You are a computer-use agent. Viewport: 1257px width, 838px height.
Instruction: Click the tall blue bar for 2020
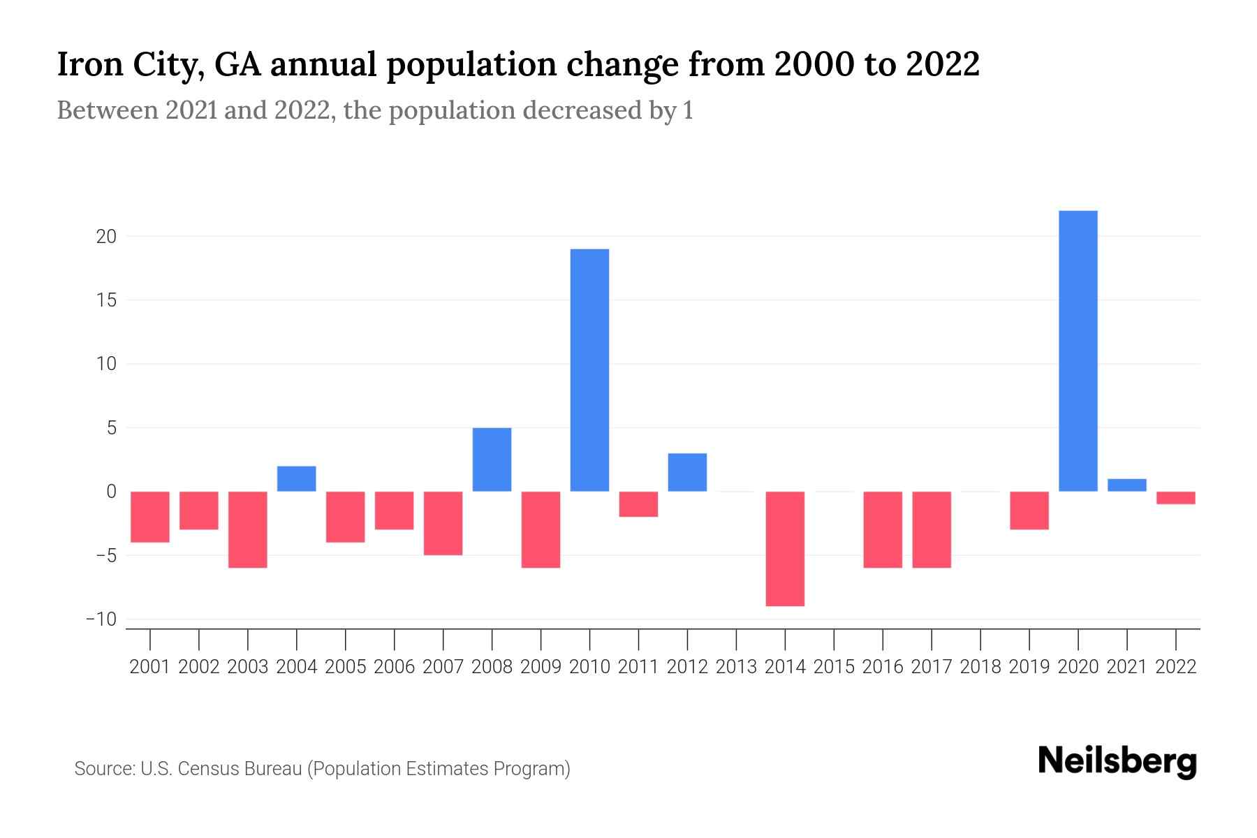click(x=1078, y=351)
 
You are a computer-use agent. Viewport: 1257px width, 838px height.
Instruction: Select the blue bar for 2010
click(x=589, y=370)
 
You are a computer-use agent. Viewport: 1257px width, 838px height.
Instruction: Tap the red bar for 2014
click(x=785, y=548)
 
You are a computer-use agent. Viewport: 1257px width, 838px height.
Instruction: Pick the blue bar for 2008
click(x=492, y=460)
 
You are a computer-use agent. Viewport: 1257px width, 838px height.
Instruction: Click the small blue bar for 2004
click(x=297, y=479)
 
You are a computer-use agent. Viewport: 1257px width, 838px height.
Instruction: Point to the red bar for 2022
click(x=1175, y=498)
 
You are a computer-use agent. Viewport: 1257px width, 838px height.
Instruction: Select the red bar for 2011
click(x=638, y=504)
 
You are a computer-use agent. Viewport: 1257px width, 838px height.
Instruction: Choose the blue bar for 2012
click(x=687, y=473)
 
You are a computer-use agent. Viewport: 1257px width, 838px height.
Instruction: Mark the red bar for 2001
click(x=150, y=517)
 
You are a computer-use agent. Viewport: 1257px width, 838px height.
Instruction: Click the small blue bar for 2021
click(x=1126, y=485)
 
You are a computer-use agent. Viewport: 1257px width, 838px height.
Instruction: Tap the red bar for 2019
click(x=1029, y=510)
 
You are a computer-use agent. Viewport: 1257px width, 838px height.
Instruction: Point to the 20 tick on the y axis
click(x=106, y=237)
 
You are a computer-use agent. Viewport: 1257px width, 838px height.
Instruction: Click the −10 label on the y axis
click(x=101, y=619)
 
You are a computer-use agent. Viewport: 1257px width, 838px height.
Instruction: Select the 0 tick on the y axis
click(x=111, y=492)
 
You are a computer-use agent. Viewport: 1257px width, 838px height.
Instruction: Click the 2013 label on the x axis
click(x=736, y=667)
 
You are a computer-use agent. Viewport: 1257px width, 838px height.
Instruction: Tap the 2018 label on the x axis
click(x=980, y=667)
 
